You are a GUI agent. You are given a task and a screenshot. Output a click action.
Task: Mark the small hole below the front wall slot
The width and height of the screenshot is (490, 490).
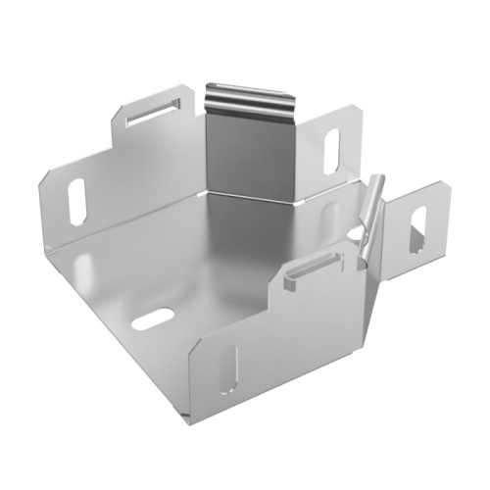click(227, 393)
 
